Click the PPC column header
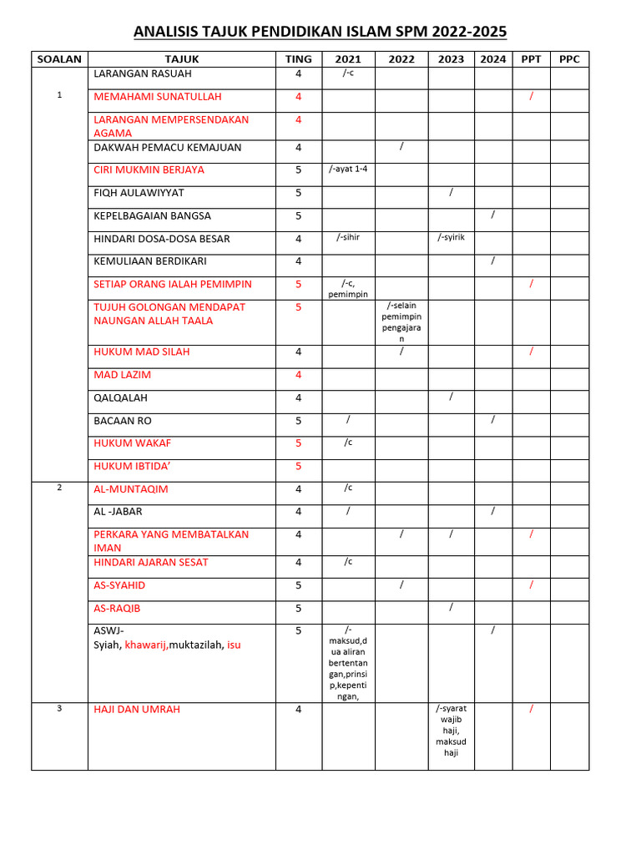pyautogui.click(x=569, y=59)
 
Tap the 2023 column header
pyautogui.click(x=451, y=59)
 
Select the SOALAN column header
pyautogui.click(x=59, y=59)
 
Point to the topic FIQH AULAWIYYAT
pyautogui.click(x=139, y=193)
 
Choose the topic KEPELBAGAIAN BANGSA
pyautogui.click(x=152, y=216)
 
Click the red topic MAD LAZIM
pyautogui.click(x=122, y=376)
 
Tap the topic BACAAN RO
pyautogui.click(x=123, y=422)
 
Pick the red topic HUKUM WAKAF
pyautogui.click(x=132, y=443)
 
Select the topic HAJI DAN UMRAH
pyautogui.click(x=137, y=710)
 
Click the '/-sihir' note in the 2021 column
pyautogui.click(x=348, y=238)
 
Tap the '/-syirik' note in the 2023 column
pyautogui.click(x=451, y=238)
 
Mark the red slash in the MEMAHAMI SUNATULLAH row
pyautogui.click(x=532, y=98)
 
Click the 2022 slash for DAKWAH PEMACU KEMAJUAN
pyautogui.click(x=401, y=147)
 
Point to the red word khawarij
pyautogui.click(x=145, y=645)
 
